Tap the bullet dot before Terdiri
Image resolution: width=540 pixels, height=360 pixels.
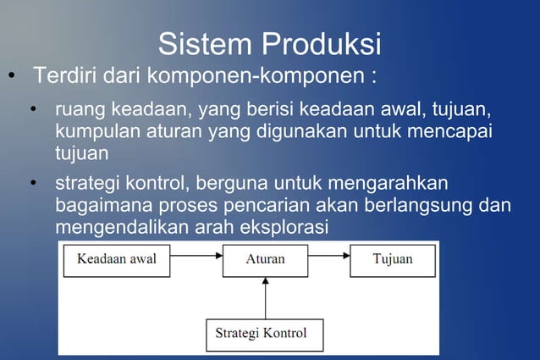pos(12,77)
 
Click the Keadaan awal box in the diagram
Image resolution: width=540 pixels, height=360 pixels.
pos(117,259)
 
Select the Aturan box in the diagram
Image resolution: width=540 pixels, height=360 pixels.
pos(265,259)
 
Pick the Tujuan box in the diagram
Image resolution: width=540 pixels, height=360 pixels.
pos(393,259)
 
